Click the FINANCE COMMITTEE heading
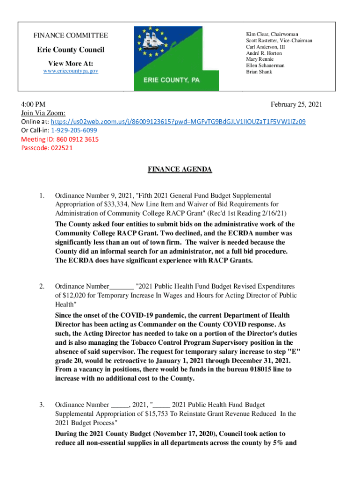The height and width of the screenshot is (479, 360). tap(71, 36)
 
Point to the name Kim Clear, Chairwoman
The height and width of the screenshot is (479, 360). tap(272, 35)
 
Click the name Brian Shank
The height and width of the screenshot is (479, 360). tap(259, 72)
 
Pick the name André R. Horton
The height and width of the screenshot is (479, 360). tap(264, 53)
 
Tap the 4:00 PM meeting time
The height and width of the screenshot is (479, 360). tap(33, 104)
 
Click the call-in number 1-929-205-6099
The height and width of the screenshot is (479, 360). tap(74, 131)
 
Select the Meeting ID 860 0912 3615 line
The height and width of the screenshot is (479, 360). tap(60, 139)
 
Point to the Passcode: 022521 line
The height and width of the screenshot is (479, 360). tap(47, 148)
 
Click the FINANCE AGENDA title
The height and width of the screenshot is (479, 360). tap(180, 169)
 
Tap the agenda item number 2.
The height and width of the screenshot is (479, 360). tap(42, 286)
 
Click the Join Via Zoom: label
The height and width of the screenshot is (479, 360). tap(43, 113)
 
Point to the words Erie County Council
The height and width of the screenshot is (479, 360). tap(71, 50)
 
